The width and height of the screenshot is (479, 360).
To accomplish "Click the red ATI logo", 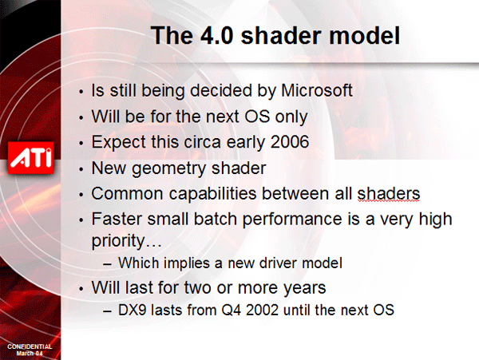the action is click(x=30, y=158).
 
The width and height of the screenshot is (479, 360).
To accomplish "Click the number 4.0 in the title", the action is click(x=217, y=35).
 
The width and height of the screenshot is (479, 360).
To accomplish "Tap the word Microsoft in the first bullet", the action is click(x=317, y=91).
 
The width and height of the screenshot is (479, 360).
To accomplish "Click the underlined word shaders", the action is click(x=389, y=194).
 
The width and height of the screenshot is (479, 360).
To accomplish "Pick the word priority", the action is click(x=118, y=241).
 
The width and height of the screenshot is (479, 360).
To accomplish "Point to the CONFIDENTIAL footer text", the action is click(x=30, y=346).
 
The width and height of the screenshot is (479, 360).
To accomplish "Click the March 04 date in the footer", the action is click(x=30, y=354).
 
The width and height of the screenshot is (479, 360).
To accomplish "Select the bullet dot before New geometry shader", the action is click(x=81, y=169).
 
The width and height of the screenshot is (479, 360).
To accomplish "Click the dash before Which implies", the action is click(x=107, y=264).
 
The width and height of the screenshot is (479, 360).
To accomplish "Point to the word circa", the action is click(x=203, y=143).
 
